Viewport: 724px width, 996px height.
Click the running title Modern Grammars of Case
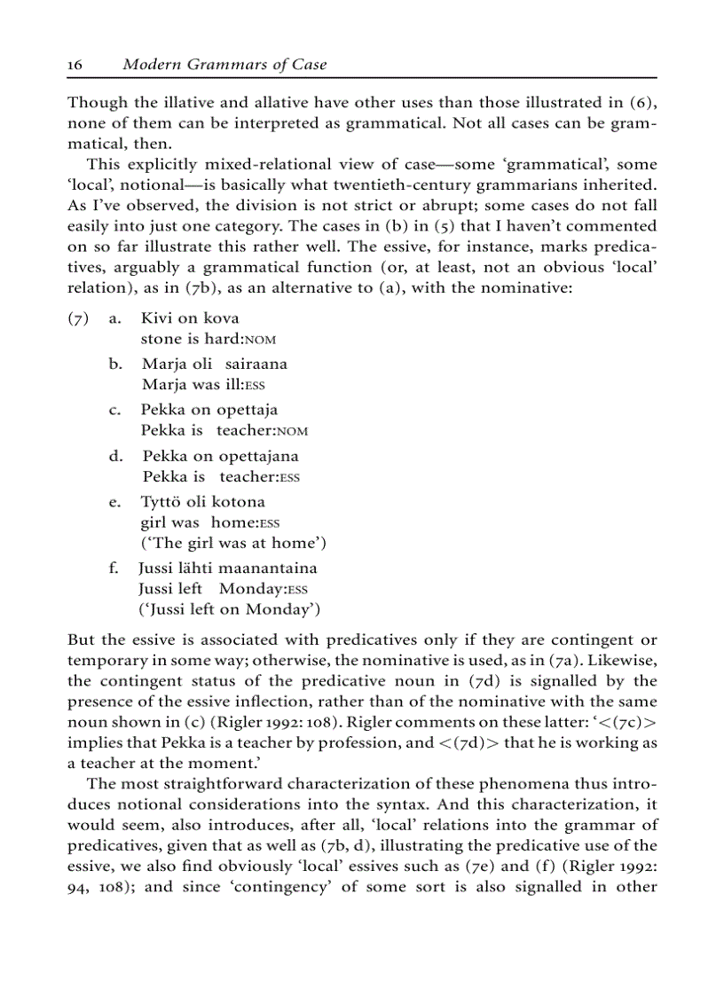tap(224, 65)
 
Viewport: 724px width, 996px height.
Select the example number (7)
tap(80, 318)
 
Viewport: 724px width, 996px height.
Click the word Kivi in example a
tap(156, 318)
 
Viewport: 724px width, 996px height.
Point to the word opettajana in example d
tap(258, 457)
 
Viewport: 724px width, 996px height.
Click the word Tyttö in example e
tap(161, 503)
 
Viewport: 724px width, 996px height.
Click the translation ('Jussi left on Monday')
tap(229, 609)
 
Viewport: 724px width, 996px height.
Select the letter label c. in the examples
tap(114, 411)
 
